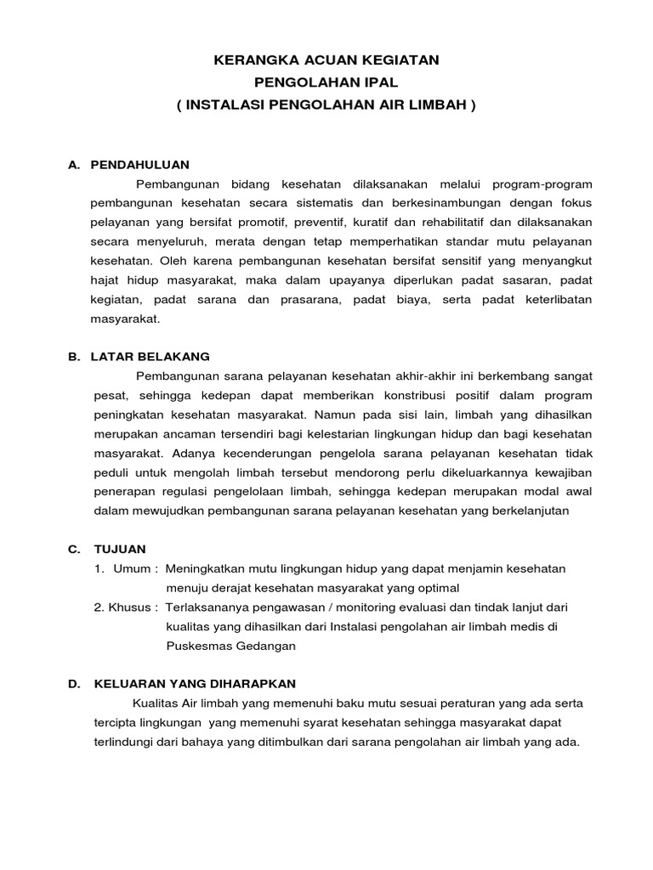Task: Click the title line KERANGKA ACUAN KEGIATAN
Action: click(326, 60)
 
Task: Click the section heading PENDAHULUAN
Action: click(139, 164)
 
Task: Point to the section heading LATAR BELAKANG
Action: click(150, 356)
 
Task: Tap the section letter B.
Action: click(73, 356)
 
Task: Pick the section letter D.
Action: click(73, 683)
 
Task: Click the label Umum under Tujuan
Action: click(133, 568)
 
